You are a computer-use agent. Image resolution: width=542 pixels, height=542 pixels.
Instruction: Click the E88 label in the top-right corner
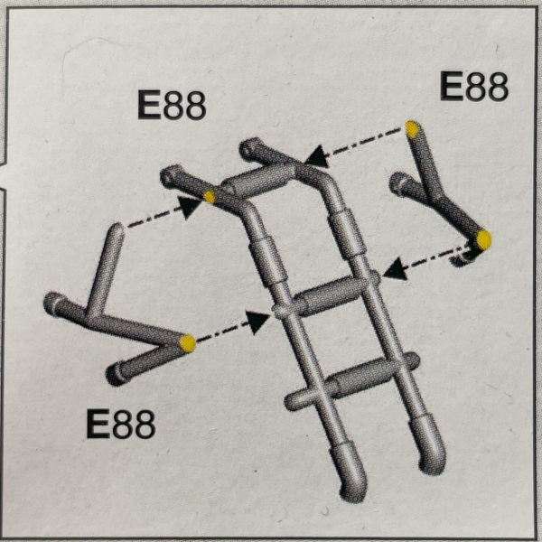(474, 87)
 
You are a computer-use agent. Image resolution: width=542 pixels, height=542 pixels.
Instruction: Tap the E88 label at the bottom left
(121, 424)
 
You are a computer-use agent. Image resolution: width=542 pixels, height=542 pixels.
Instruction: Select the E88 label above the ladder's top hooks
(172, 105)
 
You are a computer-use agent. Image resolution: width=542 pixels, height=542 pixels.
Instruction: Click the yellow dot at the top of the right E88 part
(412, 129)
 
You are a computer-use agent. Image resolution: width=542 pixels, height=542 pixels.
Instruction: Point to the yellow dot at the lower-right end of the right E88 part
(484, 239)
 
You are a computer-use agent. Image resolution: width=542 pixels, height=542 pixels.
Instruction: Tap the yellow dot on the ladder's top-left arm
(210, 197)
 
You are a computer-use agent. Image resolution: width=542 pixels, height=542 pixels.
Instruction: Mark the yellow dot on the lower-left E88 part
(188, 343)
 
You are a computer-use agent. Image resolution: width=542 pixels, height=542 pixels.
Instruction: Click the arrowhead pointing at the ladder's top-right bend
(317, 156)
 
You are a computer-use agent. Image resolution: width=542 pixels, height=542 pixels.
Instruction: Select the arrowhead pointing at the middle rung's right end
(395, 268)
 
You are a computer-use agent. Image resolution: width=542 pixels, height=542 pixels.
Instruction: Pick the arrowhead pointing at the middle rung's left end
(257, 322)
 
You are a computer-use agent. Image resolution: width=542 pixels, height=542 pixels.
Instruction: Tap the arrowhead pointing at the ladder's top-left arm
(189, 207)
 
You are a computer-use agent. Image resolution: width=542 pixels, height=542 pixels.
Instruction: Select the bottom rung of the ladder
(352, 380)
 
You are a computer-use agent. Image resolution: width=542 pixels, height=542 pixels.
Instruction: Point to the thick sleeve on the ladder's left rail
(267, 262)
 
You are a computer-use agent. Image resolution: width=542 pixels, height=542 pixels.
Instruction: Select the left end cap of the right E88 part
(397, 183)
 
